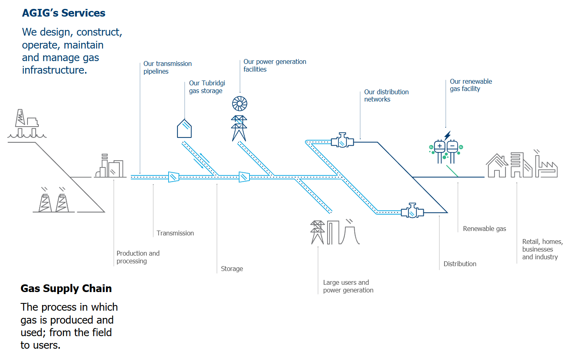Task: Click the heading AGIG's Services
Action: (63, 13)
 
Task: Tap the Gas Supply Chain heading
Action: (66, 288)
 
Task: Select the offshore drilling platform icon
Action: (27, 124)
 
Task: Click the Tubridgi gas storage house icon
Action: (184, 129)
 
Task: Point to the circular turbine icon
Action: (239, 104)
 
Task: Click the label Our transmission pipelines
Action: (167, 68)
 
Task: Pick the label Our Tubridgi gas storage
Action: (207, 87)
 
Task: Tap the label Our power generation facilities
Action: (275, 66)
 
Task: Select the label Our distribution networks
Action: (386, 95)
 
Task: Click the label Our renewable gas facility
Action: (471, 85)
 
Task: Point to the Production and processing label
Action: (138, 257)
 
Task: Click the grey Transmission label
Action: (175, 233)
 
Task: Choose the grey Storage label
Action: (232, 269)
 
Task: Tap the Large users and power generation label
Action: (348, 286)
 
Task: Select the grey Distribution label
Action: (460, 264)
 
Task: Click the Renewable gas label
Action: (484, 229)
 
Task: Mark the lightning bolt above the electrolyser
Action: (447, 135)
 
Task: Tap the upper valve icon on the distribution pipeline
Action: (342, 141)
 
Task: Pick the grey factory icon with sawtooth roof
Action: (546, 167)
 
